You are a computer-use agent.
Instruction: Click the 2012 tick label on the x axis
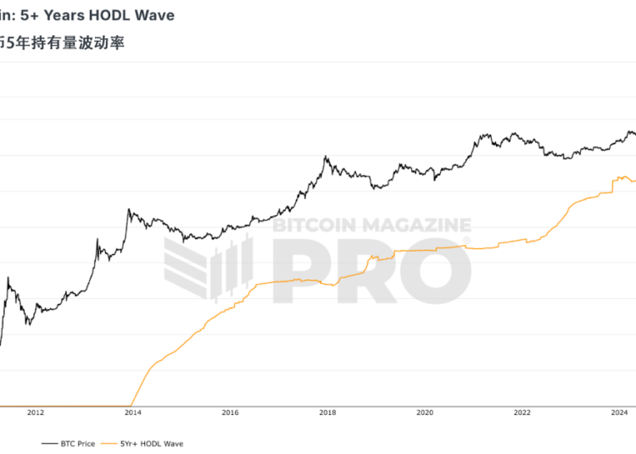tap(36, 413)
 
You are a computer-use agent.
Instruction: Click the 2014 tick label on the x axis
tap(133, 413)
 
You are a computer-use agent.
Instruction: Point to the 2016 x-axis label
tap(230, 413)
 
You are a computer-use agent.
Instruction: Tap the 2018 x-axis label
tap(327, 413)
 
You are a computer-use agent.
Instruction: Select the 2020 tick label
tap(425, 413)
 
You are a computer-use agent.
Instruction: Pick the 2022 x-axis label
tap(522, 413)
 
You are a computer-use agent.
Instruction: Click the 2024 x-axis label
tap(619, 413)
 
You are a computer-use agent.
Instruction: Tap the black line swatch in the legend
tap(47, 443)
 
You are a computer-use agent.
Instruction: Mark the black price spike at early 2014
tap(128, 210)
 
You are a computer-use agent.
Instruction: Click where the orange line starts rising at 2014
tap(131, 405)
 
